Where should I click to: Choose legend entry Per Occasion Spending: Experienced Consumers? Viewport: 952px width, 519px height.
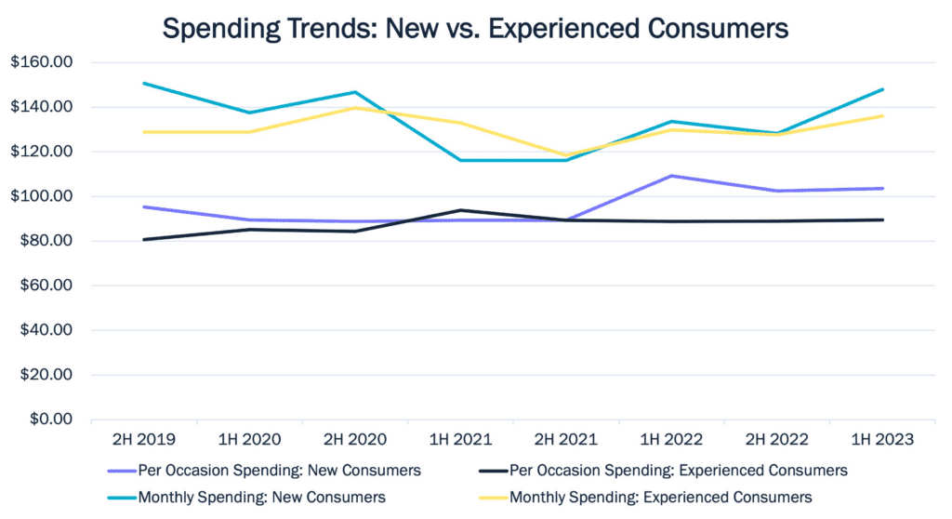point(679,471)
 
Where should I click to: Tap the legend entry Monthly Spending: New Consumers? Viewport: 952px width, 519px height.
point(261,498)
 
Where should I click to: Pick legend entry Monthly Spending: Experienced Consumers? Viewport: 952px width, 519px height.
point(661,498)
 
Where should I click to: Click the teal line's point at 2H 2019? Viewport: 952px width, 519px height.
point(142,83)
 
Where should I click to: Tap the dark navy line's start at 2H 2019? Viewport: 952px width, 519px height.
point(142,239)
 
